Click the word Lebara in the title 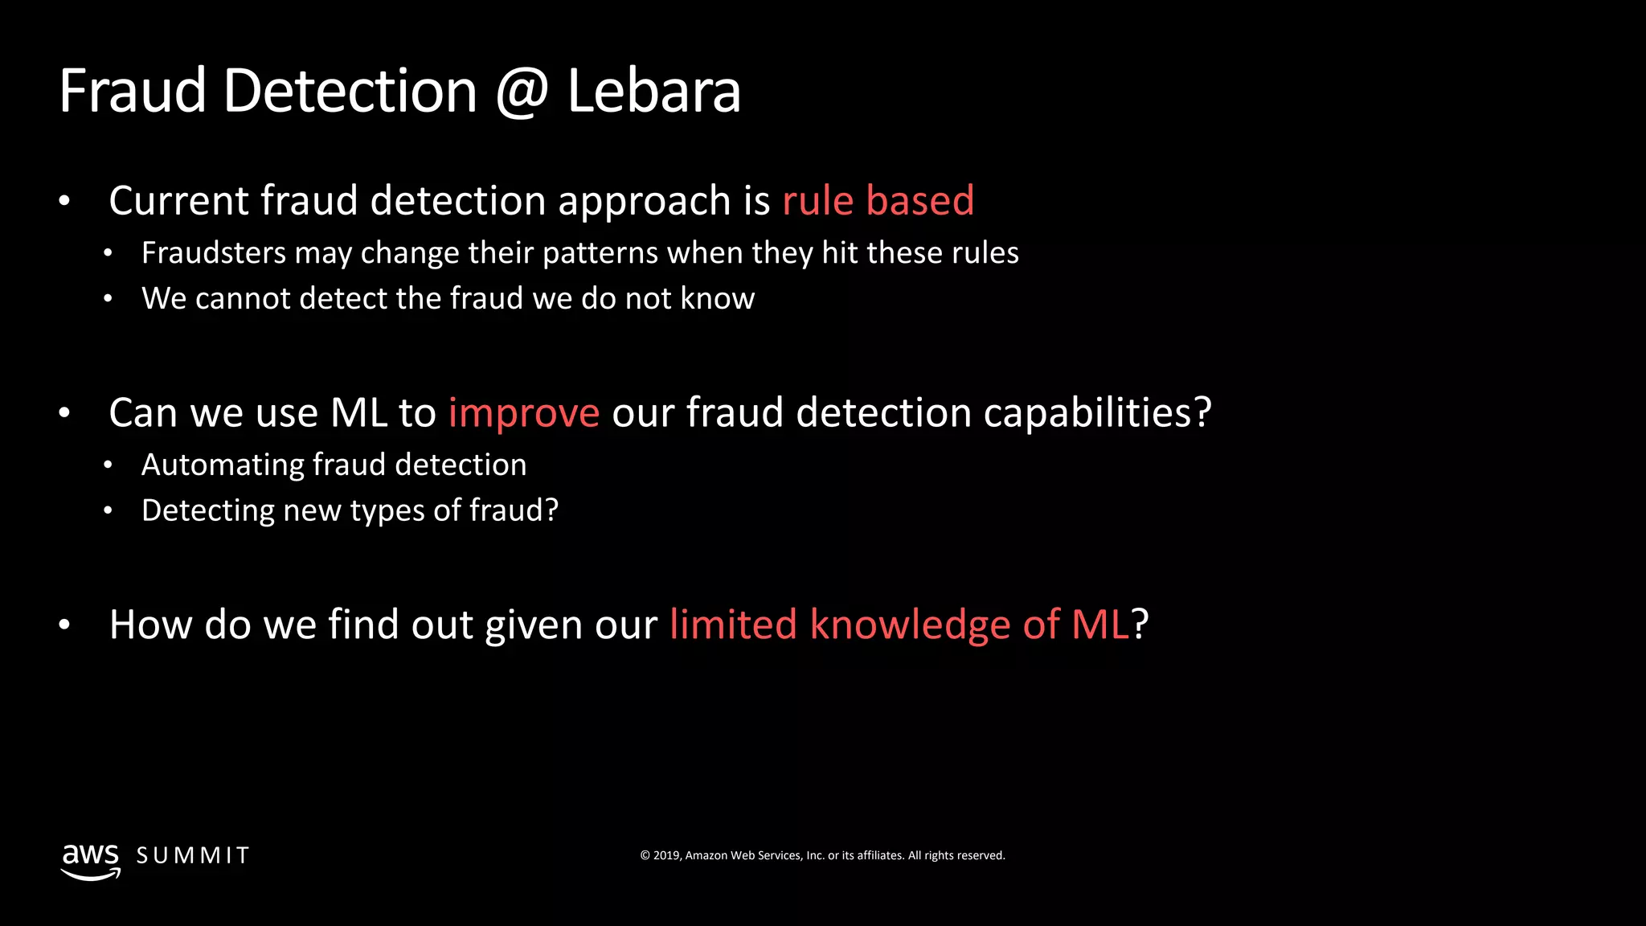[653, 91]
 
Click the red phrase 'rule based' [878, 200]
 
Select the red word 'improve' [523, 413]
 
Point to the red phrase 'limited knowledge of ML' [899, 625]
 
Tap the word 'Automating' [222, 465]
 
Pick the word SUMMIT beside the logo [193, 856]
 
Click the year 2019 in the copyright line [666, 855]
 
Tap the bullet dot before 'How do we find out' [65, 625]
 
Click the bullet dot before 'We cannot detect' [108, 299]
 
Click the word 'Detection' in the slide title [350, 91]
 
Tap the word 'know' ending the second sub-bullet [718, 299]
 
